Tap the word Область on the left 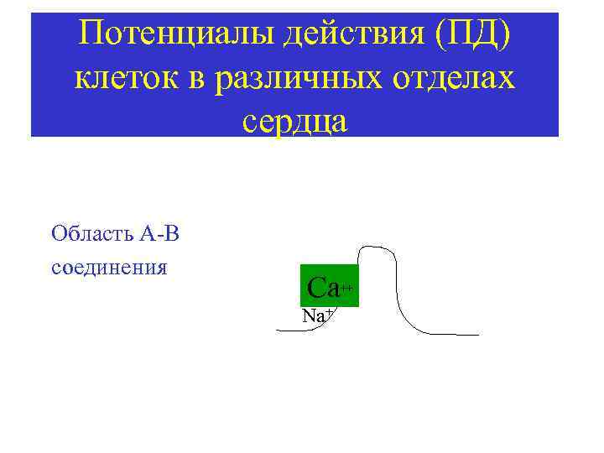pyautogui.click(x=82, y=232)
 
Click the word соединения pyautogui.click(x=110, y=268)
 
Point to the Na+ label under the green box pyautogui.click(x=318, y=316)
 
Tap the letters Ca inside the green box pyautogui.click(x=322, y=289)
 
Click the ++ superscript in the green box pyautogui.click(x=346, y=287)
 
